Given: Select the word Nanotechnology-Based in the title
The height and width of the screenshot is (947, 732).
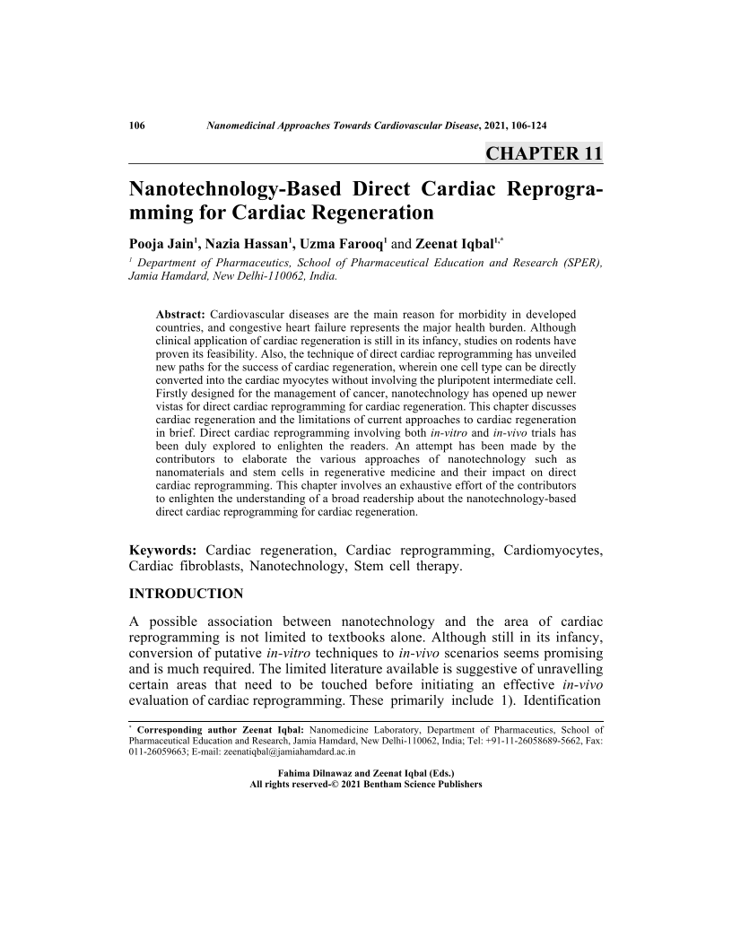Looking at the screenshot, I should pyautogui.click(x=235, y=191).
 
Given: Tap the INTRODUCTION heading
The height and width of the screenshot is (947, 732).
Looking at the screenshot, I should pyautogui.click(x=187, y=594).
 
